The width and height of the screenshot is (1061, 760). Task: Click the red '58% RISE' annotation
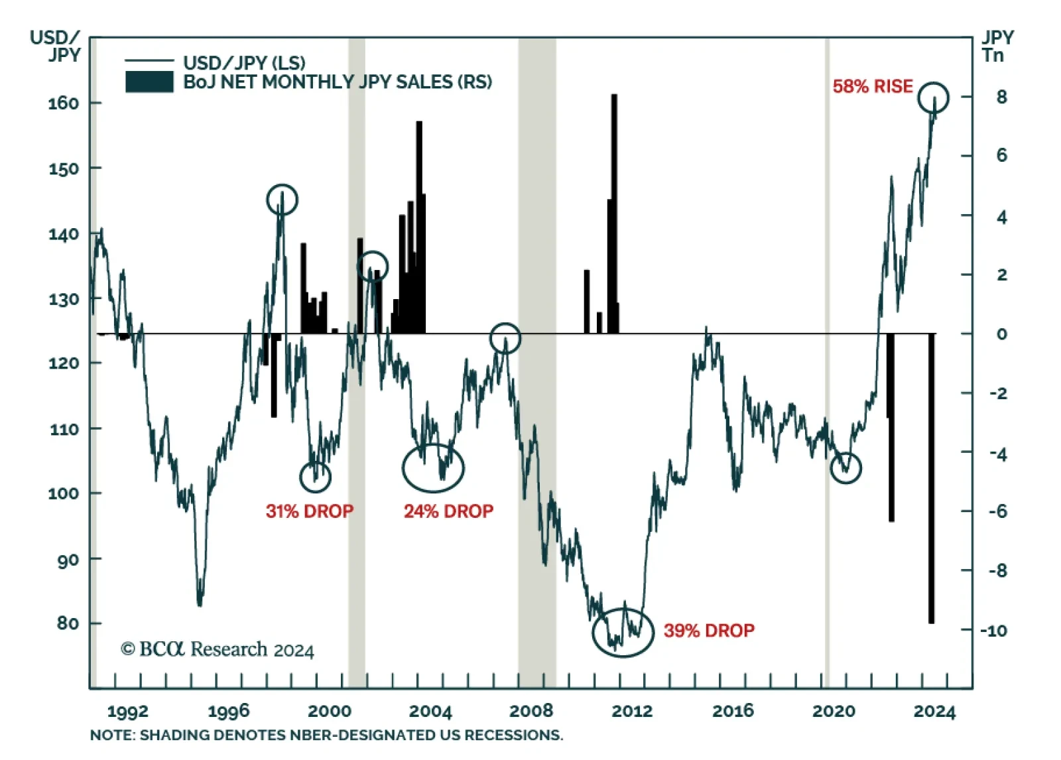point(872,86)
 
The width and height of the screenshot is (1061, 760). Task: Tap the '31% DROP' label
point(309,511)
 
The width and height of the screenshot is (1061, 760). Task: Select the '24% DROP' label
point(448,511)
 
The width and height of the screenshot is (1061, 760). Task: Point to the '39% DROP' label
point(709,630)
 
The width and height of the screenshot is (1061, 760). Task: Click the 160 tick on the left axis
point(64,103)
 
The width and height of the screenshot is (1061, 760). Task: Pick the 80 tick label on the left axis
point(68,623)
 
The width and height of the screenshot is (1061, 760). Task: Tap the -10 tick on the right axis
point(994,630)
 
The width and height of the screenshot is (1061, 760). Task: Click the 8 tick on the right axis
point(1001,97)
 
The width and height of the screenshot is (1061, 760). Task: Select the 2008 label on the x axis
point(530,711)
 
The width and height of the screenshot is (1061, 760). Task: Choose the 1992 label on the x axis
point(127,712)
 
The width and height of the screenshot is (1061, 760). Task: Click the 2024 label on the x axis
point(934,712)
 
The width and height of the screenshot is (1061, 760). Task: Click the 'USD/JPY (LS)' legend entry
point(244,63)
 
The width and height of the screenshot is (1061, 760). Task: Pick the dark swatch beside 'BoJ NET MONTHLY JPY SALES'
point(149,82)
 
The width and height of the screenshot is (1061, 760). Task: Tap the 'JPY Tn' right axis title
point(996,46)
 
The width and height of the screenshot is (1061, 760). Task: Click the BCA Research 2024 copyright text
point(217,649)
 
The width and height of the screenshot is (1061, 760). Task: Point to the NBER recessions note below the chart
point(326,735)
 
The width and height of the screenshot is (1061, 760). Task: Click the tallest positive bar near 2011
point(614,212)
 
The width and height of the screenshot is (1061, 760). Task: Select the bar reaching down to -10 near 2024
point(931,477)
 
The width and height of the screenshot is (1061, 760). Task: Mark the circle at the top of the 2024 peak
point(933,97)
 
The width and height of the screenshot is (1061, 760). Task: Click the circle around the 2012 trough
point(623,632)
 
